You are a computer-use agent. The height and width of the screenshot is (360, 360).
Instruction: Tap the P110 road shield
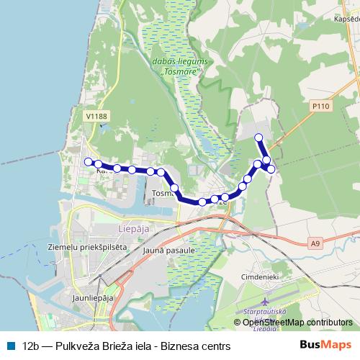[x=320, y=106]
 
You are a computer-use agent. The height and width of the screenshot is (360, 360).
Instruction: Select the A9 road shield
[x=315, y=244]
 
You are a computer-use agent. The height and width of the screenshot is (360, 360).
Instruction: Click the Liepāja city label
[x=130, y=230]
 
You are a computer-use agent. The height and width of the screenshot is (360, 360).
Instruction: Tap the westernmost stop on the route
[x=88, y=162]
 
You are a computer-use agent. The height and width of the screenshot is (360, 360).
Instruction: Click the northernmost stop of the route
[x=260, y=137]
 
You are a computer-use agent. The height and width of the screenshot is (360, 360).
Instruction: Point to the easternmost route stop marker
[x=271, y=168]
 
